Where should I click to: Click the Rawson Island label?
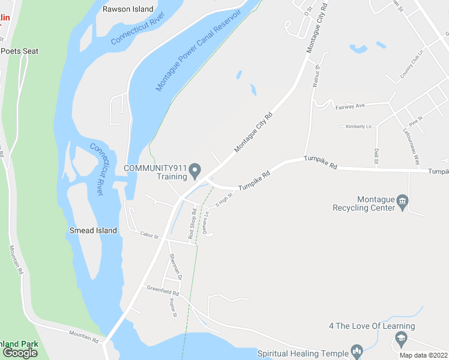click(x=128, y=9)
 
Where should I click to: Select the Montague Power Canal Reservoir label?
click(x=197, y=50)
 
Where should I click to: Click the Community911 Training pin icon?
click(x=194, y=172)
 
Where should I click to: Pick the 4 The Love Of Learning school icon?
click(x=399, y=340)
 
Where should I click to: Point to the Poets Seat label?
click(x=19, y=51)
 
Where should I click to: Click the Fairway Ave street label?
click(x=351, y=106)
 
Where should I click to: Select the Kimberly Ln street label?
click(x=358, y=127)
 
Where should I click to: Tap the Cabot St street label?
click(x=148, y=236)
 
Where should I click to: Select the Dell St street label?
click(x=376, y=156)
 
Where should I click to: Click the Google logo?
click(x=20, y=352)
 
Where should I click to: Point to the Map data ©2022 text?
click(x=424, y=355)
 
